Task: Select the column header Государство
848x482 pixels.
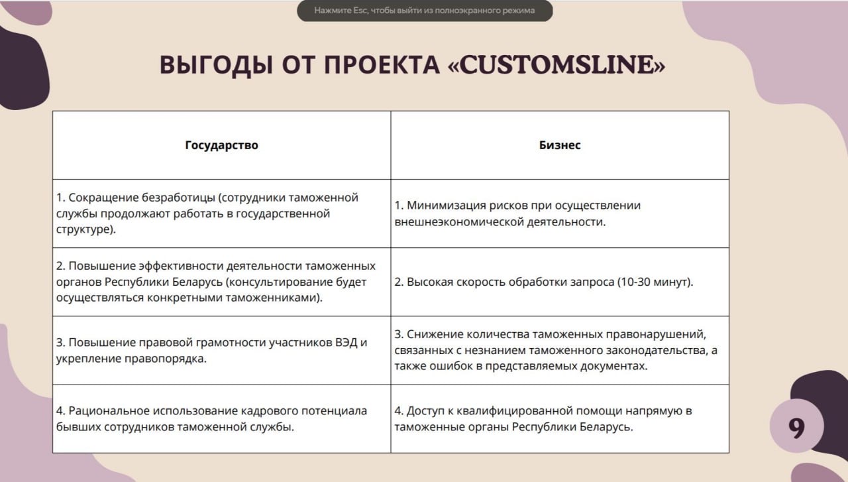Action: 221,145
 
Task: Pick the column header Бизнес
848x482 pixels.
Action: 560,145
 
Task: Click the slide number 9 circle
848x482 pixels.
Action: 796,428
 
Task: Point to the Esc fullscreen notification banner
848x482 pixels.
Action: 425,11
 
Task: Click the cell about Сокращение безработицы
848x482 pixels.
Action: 221,213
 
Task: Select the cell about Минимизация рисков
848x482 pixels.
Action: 560,213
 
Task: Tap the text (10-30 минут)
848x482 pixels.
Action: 655,282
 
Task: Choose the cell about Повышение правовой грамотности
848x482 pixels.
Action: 221,351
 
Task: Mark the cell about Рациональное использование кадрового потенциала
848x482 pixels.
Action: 221,419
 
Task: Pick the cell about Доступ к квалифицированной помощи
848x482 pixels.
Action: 560,419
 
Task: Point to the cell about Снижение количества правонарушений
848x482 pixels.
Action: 560,351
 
